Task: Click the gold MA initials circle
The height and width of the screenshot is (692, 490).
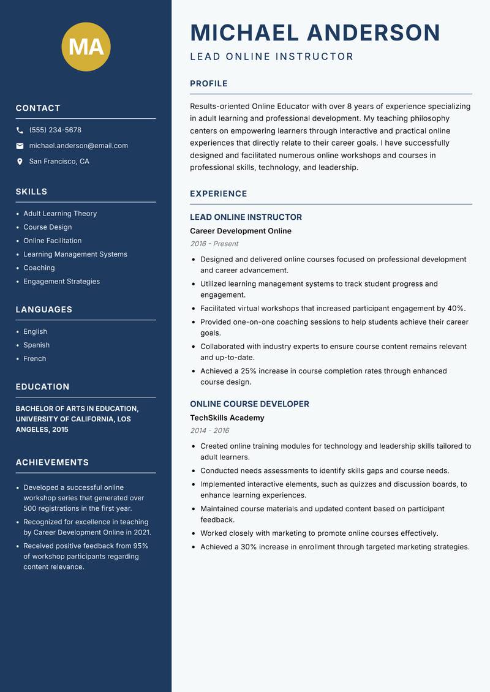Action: click(x=86, y=47)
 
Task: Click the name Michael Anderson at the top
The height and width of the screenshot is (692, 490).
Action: click(x=315, y=32)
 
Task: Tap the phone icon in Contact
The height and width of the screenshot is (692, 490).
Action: click(x=20, y=130)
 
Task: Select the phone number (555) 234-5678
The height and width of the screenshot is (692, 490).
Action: click(x=55, y=130)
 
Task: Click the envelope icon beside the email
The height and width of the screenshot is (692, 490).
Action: click(x=20, y=146)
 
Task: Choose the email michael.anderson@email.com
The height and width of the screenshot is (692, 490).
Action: click(x=78, y=146)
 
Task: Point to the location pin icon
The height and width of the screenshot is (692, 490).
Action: click(x=20, y=162)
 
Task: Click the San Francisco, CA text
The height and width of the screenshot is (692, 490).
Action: click(x=59, y=162)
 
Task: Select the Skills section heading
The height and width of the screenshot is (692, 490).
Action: click(x=31, y=192)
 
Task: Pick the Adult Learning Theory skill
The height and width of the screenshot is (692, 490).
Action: click(x=60, y=214)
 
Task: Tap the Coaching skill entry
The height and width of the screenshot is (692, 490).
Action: click(x=39, y=268)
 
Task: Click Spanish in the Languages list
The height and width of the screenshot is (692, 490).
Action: click(x=37, y=345)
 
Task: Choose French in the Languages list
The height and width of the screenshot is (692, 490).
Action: click(x=35, y=358)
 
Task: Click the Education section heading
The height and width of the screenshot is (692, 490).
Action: click(x=42, y=387)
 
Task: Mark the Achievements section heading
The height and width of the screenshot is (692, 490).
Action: click(x=52, y=462)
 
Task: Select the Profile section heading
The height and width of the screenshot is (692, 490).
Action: click(x=208, y=84)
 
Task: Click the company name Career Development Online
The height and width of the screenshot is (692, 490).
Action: click(x=241, y=231)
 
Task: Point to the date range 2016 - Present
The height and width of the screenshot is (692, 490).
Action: click(x=214, y=244)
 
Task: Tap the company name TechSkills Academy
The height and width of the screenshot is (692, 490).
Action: click(x=227, y=418)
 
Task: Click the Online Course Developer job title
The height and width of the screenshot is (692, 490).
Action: click(x=249, y=404)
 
